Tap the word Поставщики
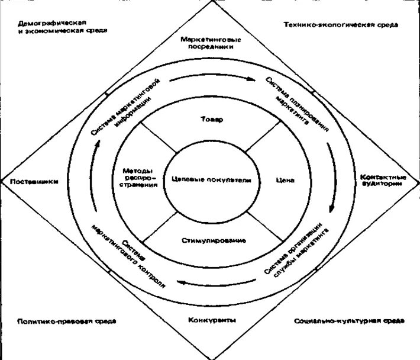coord(34,182)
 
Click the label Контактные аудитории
coord(383,180)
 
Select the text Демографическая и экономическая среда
coord(63,26)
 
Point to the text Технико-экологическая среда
coord(340,25)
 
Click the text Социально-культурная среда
coord(349,321)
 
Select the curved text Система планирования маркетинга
coord(296,105)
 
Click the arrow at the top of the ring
coord(213,78)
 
